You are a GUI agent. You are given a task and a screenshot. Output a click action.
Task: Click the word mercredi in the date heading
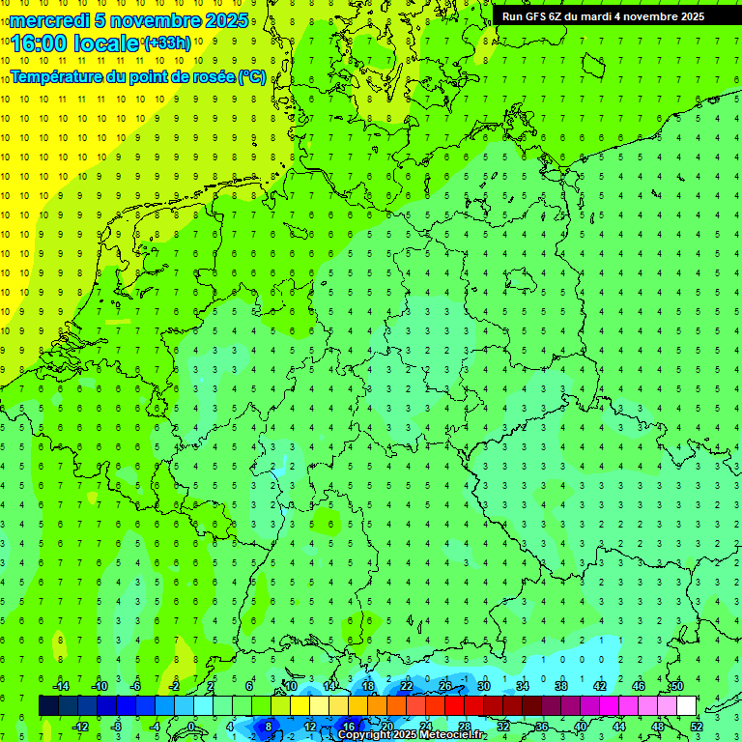pos(49,20)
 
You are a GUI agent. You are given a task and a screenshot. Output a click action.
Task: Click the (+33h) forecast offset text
pos(166,43)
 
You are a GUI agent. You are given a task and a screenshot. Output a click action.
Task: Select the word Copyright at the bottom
pos(364,734)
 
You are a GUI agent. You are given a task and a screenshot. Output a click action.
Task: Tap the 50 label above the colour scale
pos(676,685)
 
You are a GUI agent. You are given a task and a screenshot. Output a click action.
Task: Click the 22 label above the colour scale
pos(407,685)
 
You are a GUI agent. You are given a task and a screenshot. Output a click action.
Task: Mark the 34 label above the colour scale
pos(522,685)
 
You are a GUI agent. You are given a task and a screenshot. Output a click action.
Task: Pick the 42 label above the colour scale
pos(599,685)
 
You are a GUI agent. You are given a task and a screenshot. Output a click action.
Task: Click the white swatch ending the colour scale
pos(686,705)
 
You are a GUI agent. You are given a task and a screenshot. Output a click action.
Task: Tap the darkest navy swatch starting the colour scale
pos(48,705)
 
